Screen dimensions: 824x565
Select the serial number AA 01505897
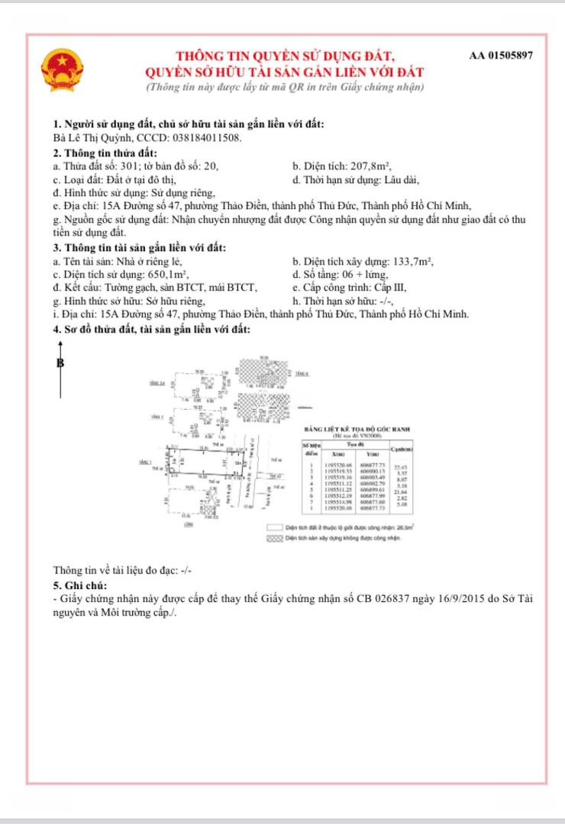501,56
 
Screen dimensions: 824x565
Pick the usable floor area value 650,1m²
167,275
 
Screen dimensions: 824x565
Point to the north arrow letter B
60,363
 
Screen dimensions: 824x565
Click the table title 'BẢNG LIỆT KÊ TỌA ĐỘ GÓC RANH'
357,430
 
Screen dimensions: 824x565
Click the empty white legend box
274,527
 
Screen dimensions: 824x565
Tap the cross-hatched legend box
274,538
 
